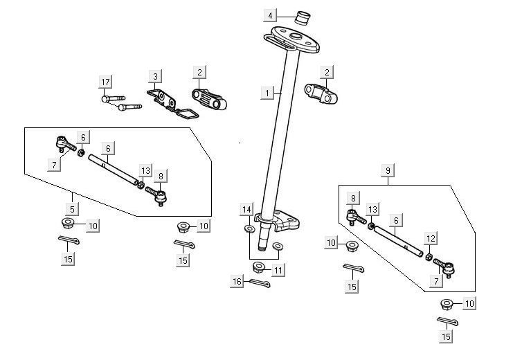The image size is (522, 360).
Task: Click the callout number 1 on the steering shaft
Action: pos(267,91)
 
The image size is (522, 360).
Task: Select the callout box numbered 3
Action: pos(156,75)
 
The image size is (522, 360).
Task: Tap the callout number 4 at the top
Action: pos(271,15)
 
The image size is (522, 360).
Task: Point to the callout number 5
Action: pos(71,207)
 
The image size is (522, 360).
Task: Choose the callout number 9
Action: pos(388,170)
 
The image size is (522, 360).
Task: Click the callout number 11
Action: pos(278,269)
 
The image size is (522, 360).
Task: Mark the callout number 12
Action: pos(430,239)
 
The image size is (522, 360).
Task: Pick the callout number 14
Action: pos(247,209)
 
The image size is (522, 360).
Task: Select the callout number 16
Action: pos(237,282)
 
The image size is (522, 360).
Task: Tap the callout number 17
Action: pos(105,82)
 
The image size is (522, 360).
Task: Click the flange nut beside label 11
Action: pos(259,268)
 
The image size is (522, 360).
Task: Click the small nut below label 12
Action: pos(429,258)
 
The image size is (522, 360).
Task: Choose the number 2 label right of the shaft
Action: pos(327,72)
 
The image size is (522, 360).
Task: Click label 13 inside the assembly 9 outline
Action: pos(373,209)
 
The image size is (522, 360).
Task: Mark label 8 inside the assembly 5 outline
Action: pos(161,177)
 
